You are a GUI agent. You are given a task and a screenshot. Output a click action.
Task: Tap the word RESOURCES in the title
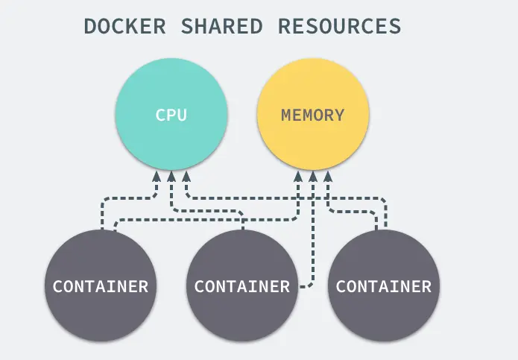click(339, 26)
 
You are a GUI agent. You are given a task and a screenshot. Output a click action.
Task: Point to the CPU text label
click(171, 116)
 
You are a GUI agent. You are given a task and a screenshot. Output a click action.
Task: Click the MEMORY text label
click(312, 116)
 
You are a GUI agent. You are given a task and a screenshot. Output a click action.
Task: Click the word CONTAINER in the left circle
click(101, 286)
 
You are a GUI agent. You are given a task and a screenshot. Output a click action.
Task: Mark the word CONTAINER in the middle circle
click(242, 286)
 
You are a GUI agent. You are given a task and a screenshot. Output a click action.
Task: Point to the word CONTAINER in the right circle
click(384, 286)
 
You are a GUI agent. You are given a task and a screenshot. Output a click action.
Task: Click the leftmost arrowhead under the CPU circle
click(157, 177)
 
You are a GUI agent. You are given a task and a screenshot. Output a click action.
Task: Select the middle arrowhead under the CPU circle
click(171, 177)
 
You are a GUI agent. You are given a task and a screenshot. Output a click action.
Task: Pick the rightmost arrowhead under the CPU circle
click(186, 177)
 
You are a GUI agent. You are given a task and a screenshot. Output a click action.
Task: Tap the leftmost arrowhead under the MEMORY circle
click(298, 177)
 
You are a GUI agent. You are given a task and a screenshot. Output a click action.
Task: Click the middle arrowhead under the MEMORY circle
click(312, 177)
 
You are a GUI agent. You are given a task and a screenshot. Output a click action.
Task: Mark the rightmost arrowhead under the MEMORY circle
click(327, 177)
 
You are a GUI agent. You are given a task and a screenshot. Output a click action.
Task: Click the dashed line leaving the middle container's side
click(304, 285)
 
